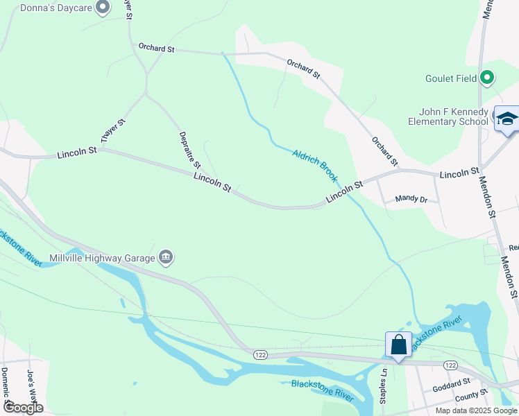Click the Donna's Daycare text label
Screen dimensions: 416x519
click(x=47, y=8)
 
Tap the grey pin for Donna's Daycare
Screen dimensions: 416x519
click(x=103, y=8)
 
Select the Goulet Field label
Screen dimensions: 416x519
click(x=451, y=78)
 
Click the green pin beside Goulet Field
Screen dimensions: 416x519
click(x=487, y=78)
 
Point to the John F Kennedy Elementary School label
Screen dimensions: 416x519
click(x=454, y=116)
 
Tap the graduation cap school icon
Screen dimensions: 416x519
click(x=507, y=118)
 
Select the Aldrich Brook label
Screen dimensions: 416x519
click(x=315, y=166)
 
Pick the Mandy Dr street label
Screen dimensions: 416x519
click(x=411, y=198)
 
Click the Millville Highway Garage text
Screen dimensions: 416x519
click(x=101, y=259)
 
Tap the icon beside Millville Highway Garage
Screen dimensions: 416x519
click(x=166, y=258)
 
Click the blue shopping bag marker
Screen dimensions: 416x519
click(x=398, y=345)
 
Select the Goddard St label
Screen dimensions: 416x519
click(x=451, y=383)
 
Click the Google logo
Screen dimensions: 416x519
click(x=22, y=408)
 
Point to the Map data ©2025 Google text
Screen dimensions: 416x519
click(x=475, y=410)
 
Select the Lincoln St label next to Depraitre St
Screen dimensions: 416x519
click(x=212, y=182)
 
